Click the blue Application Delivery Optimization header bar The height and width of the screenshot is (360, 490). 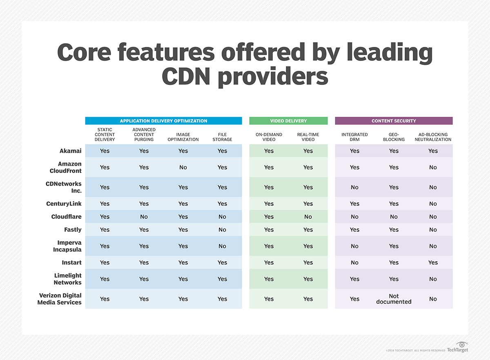tap(163, 121)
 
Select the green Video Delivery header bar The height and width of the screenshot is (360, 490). tap(288, 121)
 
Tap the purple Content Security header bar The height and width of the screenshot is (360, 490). tap(394, 121)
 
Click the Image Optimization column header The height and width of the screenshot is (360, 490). tap(183, 137)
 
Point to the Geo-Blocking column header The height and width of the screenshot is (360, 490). tap(394, 137)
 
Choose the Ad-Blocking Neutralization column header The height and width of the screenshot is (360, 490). tap(433, 137)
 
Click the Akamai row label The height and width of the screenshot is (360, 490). tap(70, 151)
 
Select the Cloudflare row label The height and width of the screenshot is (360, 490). tap(66, 217)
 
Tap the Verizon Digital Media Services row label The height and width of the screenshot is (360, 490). tap(60, 299)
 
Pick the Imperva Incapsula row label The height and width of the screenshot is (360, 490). tap(67, 246)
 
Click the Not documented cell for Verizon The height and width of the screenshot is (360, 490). tap(394, 299)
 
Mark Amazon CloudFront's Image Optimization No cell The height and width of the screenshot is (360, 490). tap(183, 167)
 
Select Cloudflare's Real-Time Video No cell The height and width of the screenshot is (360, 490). tap(308, 217)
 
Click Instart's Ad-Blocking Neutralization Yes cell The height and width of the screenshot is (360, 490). tap(433, 262)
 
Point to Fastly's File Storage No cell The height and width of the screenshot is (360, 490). tap(222, 230)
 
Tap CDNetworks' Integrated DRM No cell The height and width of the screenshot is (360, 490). tap(354, 187)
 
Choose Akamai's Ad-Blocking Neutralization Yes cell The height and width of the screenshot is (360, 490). tap(433, 151)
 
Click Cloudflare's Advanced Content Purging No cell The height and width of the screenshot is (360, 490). tap(144, 217)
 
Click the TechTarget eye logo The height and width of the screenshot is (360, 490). tap(461, 344)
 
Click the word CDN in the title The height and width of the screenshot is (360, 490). tap(189, 76)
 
